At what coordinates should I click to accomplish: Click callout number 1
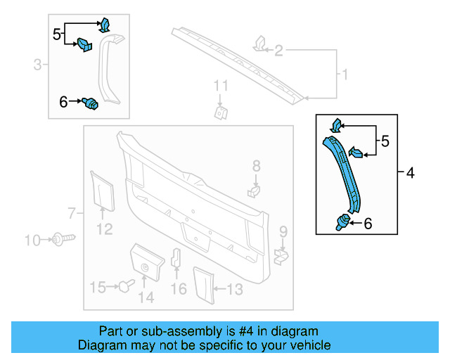point(345,74)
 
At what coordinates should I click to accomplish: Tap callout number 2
point(279,51)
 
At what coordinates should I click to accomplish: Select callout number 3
point(37,65)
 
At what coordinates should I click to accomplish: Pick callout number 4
point(411,172)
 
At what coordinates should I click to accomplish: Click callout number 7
point(71,212)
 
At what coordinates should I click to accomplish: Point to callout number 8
point(257,166)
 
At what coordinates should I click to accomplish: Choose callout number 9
point(283,231)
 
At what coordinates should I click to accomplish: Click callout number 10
point(32,241)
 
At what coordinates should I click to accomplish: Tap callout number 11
point(221,86)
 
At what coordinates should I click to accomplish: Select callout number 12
point(104,229)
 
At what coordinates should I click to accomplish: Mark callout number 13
point(233,288)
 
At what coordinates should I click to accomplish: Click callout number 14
point(146,297)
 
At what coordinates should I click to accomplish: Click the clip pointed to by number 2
point(259,44)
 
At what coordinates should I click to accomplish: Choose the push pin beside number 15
point(125,285)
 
